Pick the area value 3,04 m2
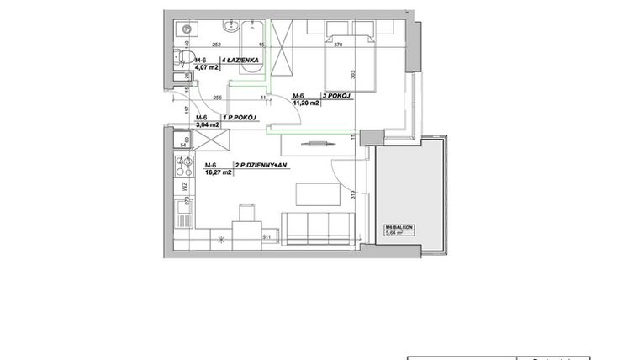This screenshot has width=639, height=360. pyautogui.click(x=207, y=124)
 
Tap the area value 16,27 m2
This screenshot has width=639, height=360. pyautogui.click(x=217, y=172)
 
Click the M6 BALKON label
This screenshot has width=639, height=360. pyautogui.click(x=400, y=227)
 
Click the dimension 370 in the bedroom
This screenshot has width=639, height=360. pyautogui.click(x=339, y=45)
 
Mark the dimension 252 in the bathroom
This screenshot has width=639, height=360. pyautogui.click(x=216, y=45)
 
